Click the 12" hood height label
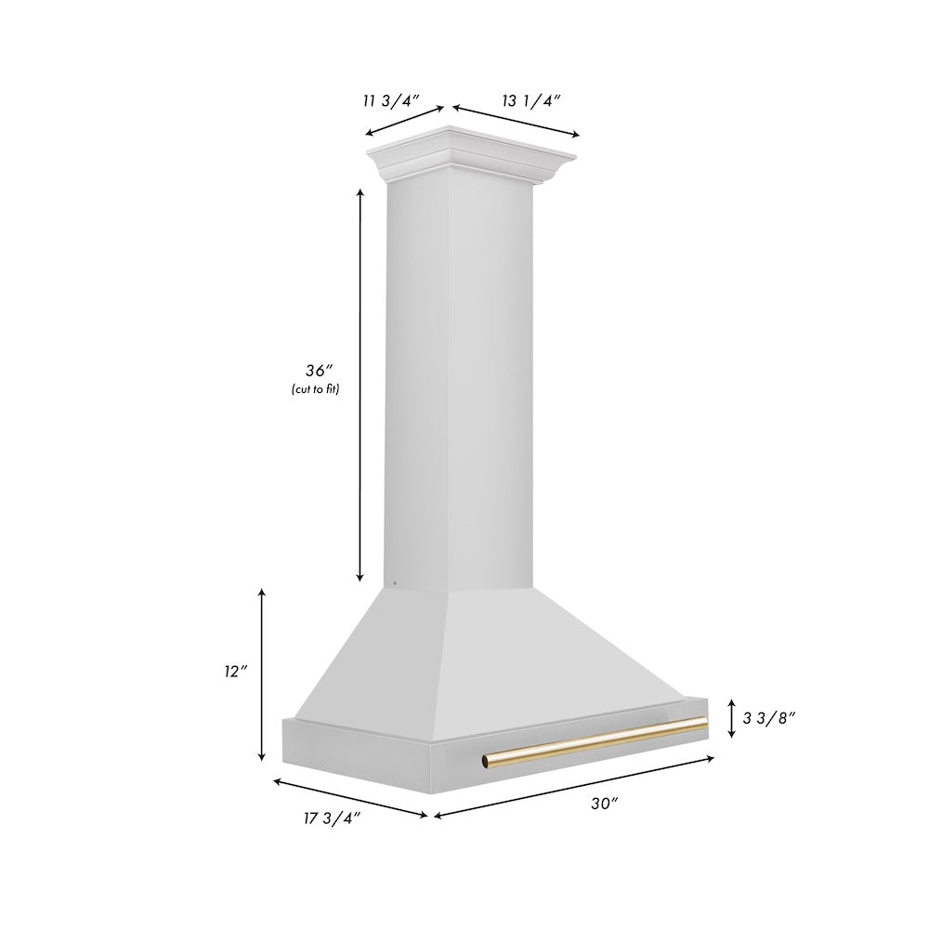click(x=235, y=670)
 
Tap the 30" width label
click(x=604, y=804)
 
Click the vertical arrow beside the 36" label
click(x=360, y=385)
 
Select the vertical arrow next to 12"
click(x=263, y=674)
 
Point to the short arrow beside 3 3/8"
click(x=732, y=717)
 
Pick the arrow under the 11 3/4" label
click(x=404, y=122)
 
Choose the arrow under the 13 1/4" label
click(x=516, y=121)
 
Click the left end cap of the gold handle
click(x=486, y=764)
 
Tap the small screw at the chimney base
click(x=395, y=583)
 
